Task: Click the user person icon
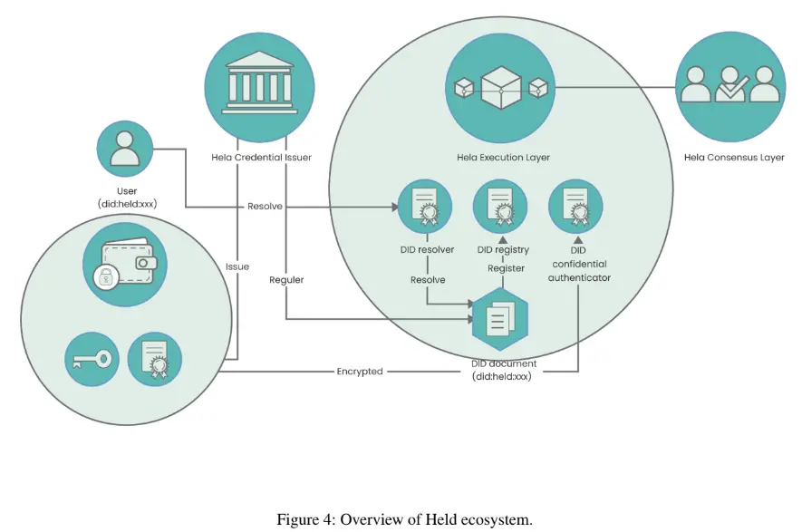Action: coord(125,150)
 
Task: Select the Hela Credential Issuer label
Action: coord(261,158)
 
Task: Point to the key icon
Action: coord(92,359)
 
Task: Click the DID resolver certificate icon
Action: coord(424,208)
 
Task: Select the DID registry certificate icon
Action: coord(500,208)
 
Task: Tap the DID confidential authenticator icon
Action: coord(575,208)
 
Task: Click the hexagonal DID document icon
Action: coord(500,318)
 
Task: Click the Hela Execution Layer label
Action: coord(503,158)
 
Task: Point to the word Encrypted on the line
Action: coord(360,372)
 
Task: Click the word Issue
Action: coord(237,267)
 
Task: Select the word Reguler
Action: coord(286,280)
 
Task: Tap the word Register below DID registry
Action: coord(506,268)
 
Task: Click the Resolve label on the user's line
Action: coord(265,207)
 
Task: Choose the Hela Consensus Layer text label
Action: coord(734,158)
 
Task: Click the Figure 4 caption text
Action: coord(404,520)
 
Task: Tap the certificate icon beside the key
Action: coord(154,359)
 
